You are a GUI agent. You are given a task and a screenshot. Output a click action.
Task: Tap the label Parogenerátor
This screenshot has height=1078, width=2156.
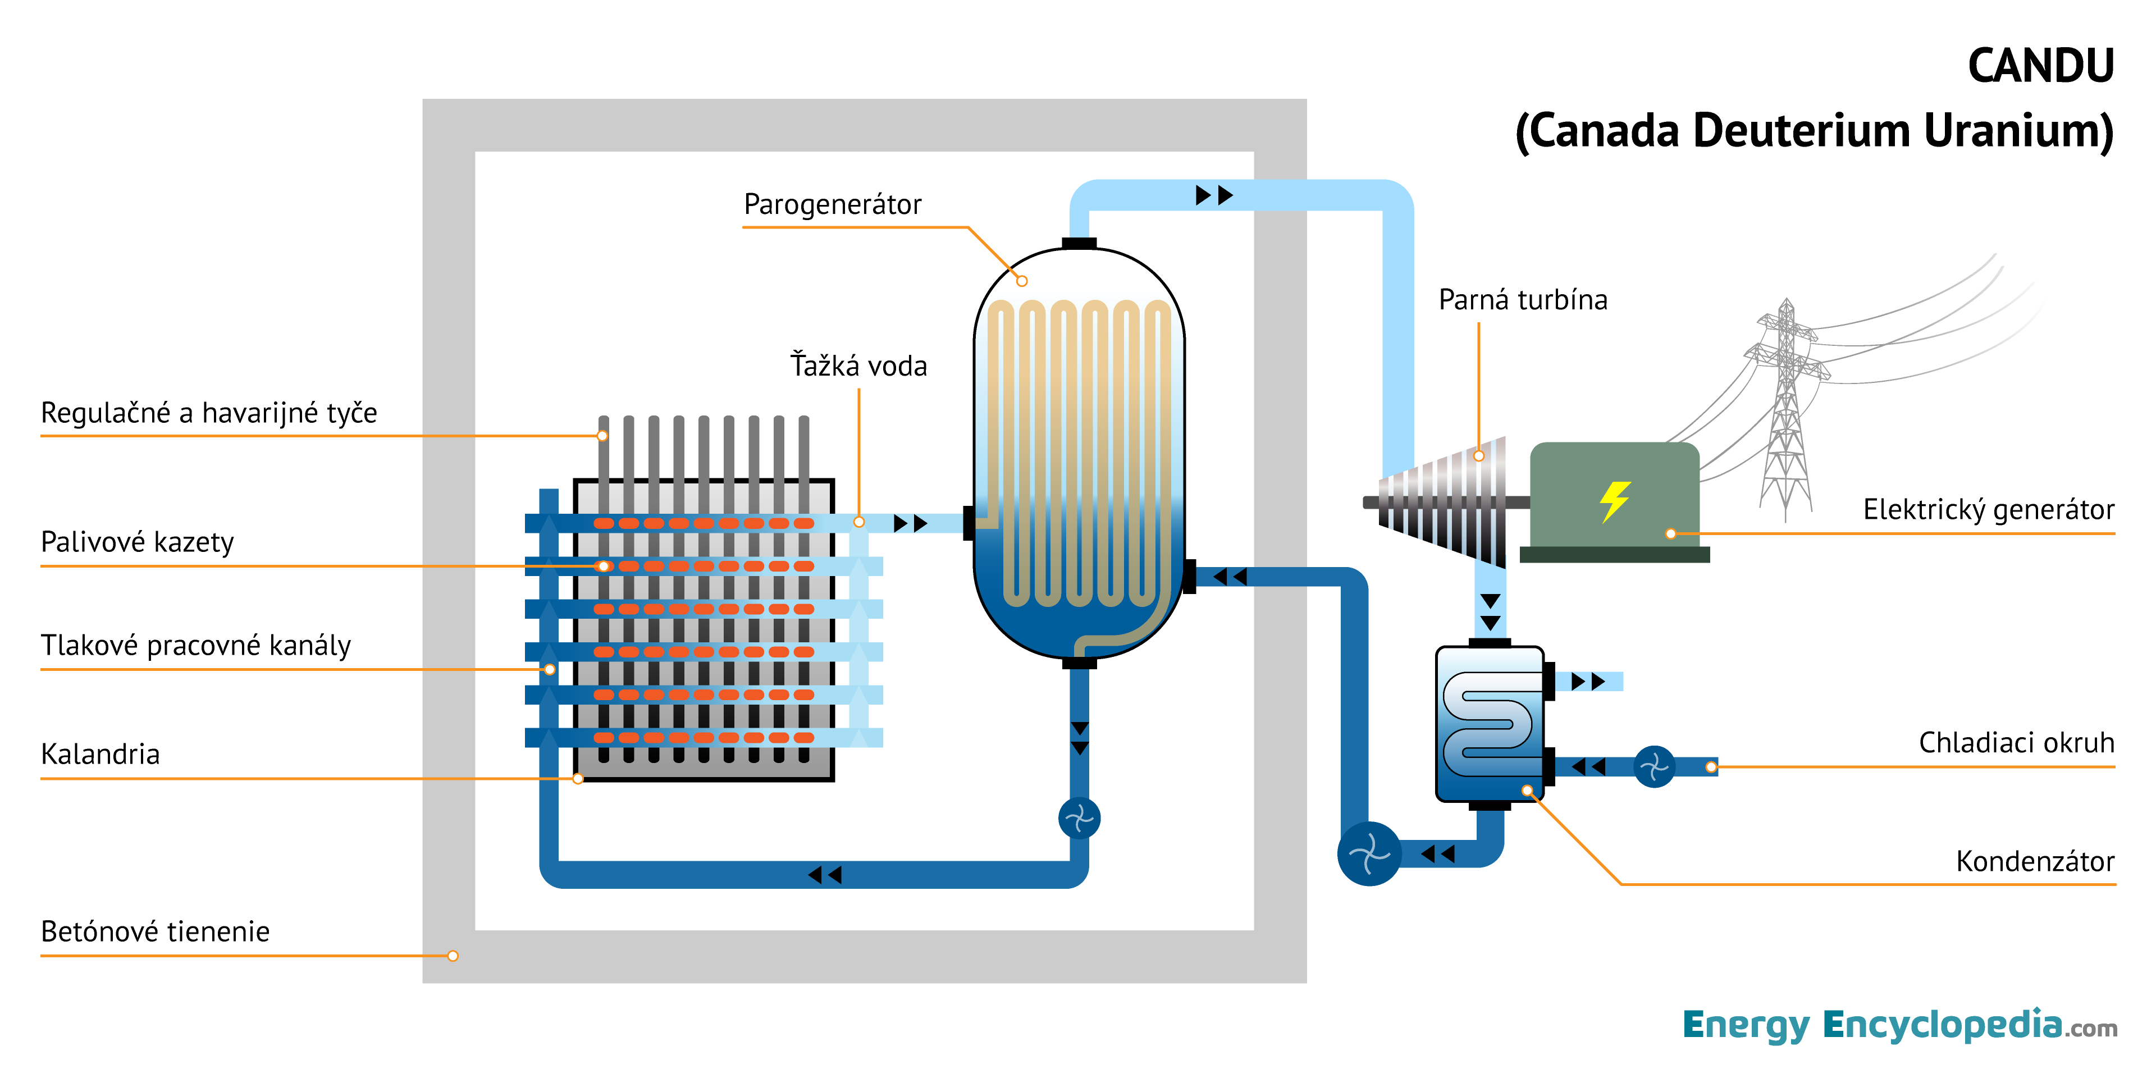pyautogui.click(x=832, y=204)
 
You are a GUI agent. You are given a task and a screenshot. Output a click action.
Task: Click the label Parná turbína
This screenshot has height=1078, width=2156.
pyautogui.click(x=1523, y=300)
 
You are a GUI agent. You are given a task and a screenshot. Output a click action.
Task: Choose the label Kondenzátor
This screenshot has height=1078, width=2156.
pyautogui.click(x=2035, y=861)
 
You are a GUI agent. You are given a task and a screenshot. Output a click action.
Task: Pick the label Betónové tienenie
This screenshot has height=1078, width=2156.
pyautogui.click(x=156, y=931)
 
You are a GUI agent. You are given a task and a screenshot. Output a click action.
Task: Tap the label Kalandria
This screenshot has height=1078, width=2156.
pyautogui.click(x=101, y=754)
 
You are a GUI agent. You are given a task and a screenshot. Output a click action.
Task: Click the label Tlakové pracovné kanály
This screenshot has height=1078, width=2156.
pyautogui.click(x=196, y=645)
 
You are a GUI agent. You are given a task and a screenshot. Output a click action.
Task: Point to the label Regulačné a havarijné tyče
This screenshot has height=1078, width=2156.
pyautogui.click(x=209, y=413)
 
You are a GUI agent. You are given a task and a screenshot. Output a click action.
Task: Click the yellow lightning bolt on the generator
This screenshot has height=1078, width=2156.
pyautogui.click(x=1615, y=501)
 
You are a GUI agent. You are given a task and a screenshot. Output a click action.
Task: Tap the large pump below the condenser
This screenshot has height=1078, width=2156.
pyautogui.click(x=1369, y=853)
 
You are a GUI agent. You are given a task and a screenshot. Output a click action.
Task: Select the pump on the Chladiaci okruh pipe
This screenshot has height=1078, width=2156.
pyautogui.click(x=1654, y=766)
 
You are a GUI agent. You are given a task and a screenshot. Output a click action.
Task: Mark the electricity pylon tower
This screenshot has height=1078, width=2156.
pyautogui.click(x=1787, y=410)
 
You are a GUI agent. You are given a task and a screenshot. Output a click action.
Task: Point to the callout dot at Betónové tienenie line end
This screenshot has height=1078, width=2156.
pyautogui.click(x=453, y=956)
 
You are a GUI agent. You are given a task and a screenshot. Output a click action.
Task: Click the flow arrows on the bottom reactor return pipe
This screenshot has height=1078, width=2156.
pyautogui.click(x=824, y=875)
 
